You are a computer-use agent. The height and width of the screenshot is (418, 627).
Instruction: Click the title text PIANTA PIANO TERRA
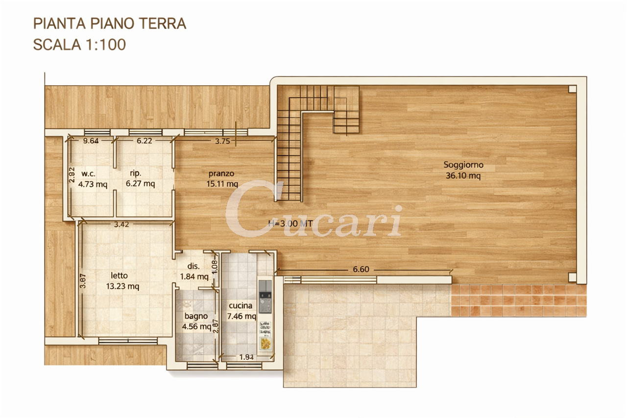110,24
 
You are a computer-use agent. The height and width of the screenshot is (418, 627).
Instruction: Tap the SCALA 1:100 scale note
79,45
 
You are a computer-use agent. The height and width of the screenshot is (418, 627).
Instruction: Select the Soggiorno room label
463,165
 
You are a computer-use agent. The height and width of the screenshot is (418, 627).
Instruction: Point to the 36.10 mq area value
463,175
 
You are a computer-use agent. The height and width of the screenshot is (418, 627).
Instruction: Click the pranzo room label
221,173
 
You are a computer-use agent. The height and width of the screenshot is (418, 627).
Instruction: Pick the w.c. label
89,173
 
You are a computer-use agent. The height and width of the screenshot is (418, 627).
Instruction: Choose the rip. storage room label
136,173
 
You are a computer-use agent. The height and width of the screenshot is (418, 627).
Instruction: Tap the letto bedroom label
119,275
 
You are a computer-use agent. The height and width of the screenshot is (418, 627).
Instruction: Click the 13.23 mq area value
122,286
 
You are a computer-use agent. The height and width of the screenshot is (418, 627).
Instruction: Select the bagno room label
196,317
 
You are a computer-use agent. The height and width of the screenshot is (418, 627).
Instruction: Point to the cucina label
241,305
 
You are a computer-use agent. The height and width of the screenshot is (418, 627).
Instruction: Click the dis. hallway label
193,266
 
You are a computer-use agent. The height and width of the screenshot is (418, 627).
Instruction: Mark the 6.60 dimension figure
361,270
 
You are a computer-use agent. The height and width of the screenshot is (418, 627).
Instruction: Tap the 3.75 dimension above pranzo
222,141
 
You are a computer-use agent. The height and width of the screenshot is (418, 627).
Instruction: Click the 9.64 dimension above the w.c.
91,141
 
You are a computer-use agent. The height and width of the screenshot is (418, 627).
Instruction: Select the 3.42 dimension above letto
121,224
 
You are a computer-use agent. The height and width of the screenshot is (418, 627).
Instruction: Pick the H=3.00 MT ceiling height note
290,223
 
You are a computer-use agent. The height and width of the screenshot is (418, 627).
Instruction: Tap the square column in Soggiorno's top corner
573,89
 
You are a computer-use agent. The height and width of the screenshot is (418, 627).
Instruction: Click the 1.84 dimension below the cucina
246,357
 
